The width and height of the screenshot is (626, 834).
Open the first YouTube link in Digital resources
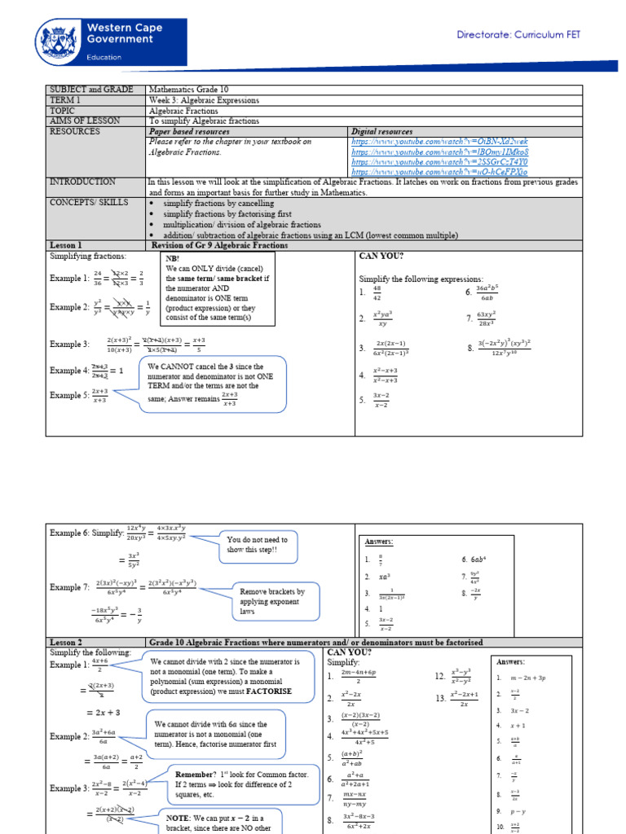click(439, 142)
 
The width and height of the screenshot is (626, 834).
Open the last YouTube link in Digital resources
click(439, 173)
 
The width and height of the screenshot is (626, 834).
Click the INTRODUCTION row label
click(82, 182)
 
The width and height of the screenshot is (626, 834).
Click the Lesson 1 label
click(66, 245)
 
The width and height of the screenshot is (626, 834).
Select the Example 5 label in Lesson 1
click(69, 395)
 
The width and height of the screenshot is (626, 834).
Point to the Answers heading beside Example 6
click(380, 542)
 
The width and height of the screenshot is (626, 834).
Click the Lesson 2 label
click(66, 643)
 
